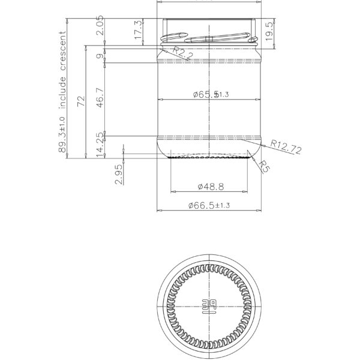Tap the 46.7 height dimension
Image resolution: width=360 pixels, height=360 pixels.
pos(100,97)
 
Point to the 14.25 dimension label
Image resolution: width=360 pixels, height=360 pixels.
pos(100,145)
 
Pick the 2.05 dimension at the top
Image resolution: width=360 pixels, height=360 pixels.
pos(100,27)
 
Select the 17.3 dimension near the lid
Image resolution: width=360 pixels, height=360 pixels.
pos(139,31)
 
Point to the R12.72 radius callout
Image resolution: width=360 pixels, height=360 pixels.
pos(286,147)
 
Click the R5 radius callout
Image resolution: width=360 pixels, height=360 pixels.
pos(265,167)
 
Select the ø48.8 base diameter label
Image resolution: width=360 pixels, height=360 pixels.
pos(209,186)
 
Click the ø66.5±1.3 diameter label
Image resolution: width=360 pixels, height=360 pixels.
pos(209,205)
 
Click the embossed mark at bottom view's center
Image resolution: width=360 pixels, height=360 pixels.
pos(209,305)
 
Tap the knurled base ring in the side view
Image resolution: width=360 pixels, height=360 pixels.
pos(209,157)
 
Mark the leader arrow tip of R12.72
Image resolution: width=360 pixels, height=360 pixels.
pos(262,144)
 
